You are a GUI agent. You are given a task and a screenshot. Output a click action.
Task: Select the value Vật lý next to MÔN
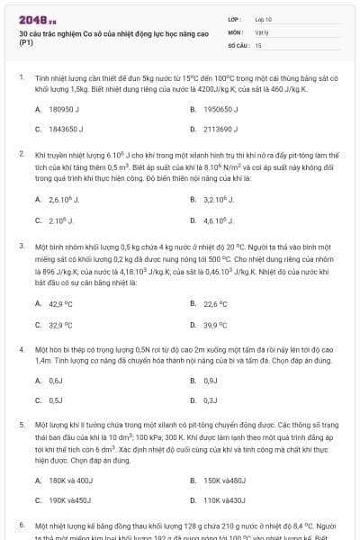[x=262, y=31]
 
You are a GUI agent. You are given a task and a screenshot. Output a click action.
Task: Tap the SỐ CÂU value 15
[x=258, y=44]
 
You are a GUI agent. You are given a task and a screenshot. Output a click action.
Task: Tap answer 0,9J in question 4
[x=211, y=381]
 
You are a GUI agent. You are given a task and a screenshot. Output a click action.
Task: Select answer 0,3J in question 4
[x=211, y=400]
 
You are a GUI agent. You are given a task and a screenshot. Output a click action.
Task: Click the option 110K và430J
[x=224, y=499]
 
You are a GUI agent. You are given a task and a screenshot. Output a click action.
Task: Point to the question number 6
[x=21, y=524]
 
